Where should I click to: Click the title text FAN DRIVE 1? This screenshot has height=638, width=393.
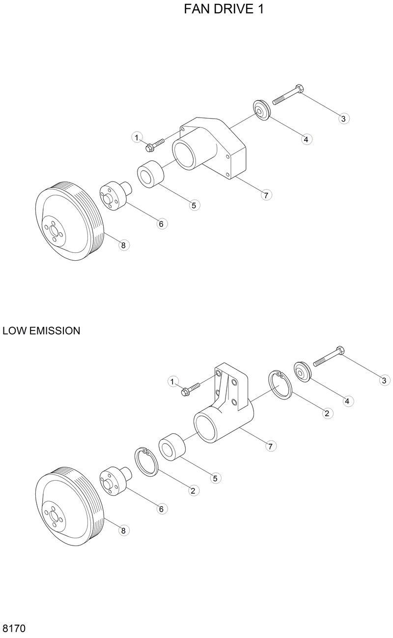pos(224,9)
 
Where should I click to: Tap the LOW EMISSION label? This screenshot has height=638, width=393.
pos(41,331)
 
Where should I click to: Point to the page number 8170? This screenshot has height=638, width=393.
pos(14,628)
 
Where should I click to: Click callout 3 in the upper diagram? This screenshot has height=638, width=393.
pos(343,118)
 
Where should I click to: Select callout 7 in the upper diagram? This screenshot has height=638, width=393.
pos(265,195)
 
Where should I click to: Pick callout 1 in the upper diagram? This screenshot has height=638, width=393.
pos(137,137)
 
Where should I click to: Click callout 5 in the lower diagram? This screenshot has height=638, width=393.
pos(214,477)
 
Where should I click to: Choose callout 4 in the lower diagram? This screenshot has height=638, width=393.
pos(347,401)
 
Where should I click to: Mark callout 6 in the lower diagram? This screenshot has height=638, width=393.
pos(161,509)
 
